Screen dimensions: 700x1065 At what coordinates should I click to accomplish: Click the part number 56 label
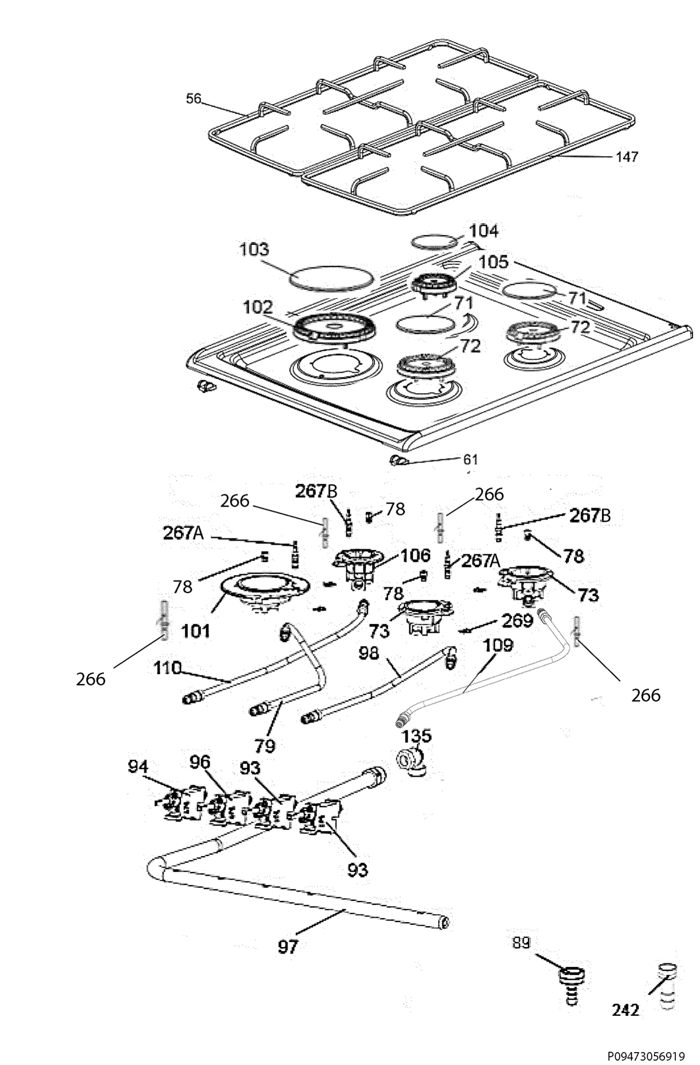pos(194,99)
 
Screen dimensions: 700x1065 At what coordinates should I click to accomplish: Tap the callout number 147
pos(628,157)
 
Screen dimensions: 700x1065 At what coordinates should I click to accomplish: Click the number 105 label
pos(493,262)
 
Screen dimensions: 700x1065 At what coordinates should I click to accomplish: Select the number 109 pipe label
pos(498,646)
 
